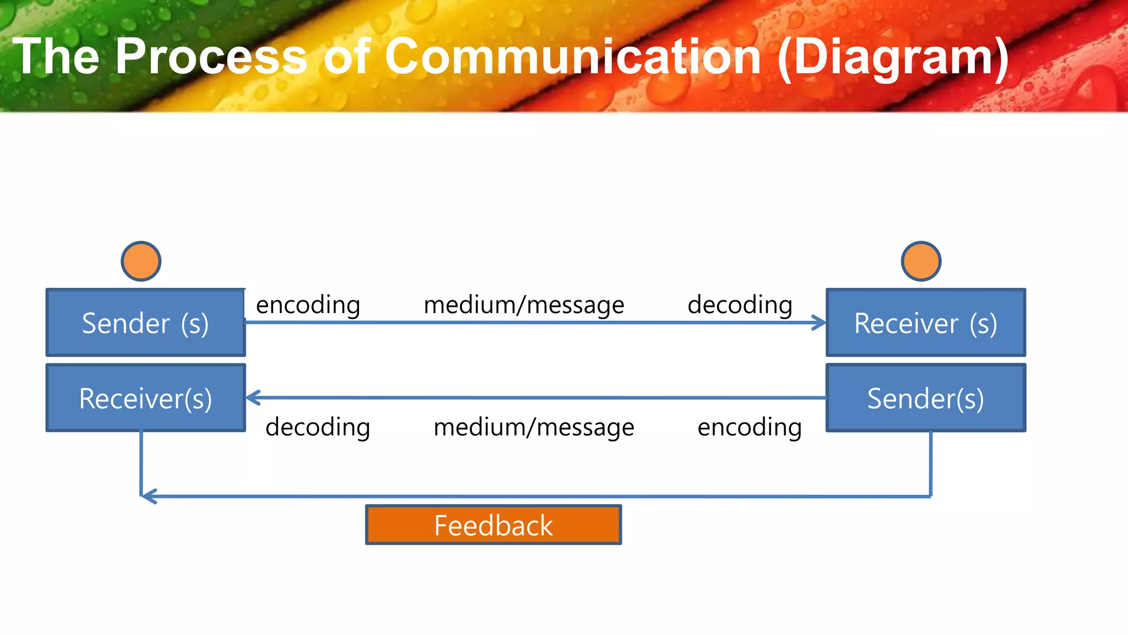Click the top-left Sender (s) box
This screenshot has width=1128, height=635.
pyautogui.click(x=145, y=322)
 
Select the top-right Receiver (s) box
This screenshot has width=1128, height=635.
pyautogui.click(x=925, y=322)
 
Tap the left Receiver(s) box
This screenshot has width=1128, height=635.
pyautogui.click(x=145, y=397)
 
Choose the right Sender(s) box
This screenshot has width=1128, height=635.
pyautogui.click(x=925, y=397)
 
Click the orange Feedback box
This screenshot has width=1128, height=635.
pyautogui.click(x=493, y=525)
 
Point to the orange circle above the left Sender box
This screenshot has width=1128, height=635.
pyautogui.click(x=141, y=261)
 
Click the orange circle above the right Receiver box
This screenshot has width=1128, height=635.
pyautogui.click(x=921, y=261)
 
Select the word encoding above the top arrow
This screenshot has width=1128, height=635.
pyautogui.click(x=308, y=305)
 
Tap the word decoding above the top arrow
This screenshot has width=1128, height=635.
pyautogui.click(x=740, y=305)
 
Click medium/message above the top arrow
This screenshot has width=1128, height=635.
pyautogui.click(x=524, y=305)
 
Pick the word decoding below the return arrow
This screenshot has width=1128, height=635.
pyautogui.click(x=318, y=428)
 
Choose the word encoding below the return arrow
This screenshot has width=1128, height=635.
pyautogui.click(x=750, y=428)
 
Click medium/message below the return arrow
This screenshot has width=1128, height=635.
pyautogui.click(x=534, y=428)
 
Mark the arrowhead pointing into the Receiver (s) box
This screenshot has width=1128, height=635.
pyautogui.click(x=820, y=323)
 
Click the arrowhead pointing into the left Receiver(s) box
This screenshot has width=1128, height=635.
pyautogui.click(x=253, y=397)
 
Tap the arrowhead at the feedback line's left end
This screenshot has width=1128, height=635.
pyautogui.click(x=148, y=496)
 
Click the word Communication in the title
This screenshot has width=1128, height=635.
pyautogui.click(x=572, y=57)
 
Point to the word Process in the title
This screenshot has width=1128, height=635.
pyautogui.click(x=211, y=57)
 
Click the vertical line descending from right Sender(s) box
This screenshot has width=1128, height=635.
pyautogui.click(x=930, y=463)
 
